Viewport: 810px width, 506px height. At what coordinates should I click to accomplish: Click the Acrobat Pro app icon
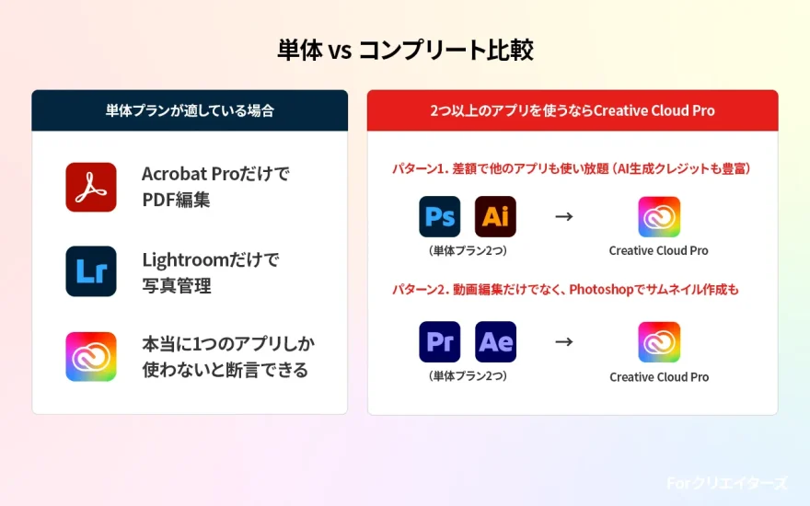[x=91, y=187]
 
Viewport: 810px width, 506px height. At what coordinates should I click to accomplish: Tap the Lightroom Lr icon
[x=91, y=271]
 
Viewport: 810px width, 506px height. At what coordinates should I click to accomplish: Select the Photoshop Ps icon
[x=439, y=217]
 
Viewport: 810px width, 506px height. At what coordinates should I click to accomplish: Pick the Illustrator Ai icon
[x=495, y=217]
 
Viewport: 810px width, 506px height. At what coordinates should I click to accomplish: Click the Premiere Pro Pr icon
[x=439, y=342]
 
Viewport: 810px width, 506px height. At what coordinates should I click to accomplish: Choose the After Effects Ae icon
[x=495, y=342]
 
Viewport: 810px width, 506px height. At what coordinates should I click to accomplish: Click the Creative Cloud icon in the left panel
[x=91, y=356]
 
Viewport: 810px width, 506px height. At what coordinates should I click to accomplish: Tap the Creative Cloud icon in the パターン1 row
[x=659, y=217]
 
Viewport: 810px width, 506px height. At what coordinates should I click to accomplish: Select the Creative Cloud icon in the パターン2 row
[x=659, y=342]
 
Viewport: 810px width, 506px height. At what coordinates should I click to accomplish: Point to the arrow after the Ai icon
[x=564, y=217]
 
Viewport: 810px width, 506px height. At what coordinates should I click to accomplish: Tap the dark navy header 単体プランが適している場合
[x=190, y=110]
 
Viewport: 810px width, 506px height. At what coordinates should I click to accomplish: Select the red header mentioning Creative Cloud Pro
[x=573, y=110]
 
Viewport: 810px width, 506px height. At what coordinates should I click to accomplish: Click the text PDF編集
[x=176, y=199]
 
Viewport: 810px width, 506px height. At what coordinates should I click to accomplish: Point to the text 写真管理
[x=176, y=285]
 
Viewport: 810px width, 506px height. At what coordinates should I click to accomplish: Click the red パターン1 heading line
[x=573, y=169]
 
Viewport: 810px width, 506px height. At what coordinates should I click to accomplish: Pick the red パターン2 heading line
[x=565, y=290]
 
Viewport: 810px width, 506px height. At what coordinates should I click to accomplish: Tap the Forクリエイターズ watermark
[x=727, y=482]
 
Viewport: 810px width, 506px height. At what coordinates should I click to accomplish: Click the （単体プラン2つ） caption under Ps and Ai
[x=468, y=250]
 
